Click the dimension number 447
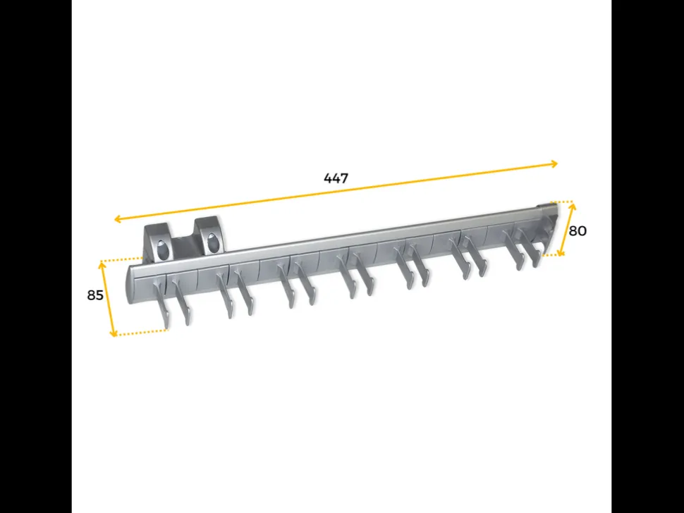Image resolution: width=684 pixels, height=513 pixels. coord(336,178)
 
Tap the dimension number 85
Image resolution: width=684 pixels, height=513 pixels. coord(95,295)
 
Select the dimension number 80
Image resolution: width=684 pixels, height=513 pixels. coord(578,231)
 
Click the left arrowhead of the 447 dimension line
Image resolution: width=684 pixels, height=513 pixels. coord(116,218)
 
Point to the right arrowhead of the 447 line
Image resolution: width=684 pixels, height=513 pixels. coord(555,164)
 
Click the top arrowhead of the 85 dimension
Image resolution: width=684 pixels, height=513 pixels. coord(102,264)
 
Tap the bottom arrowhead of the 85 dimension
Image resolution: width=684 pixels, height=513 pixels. coord(114,333)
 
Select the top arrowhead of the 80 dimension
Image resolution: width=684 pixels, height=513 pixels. coord(573,206)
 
